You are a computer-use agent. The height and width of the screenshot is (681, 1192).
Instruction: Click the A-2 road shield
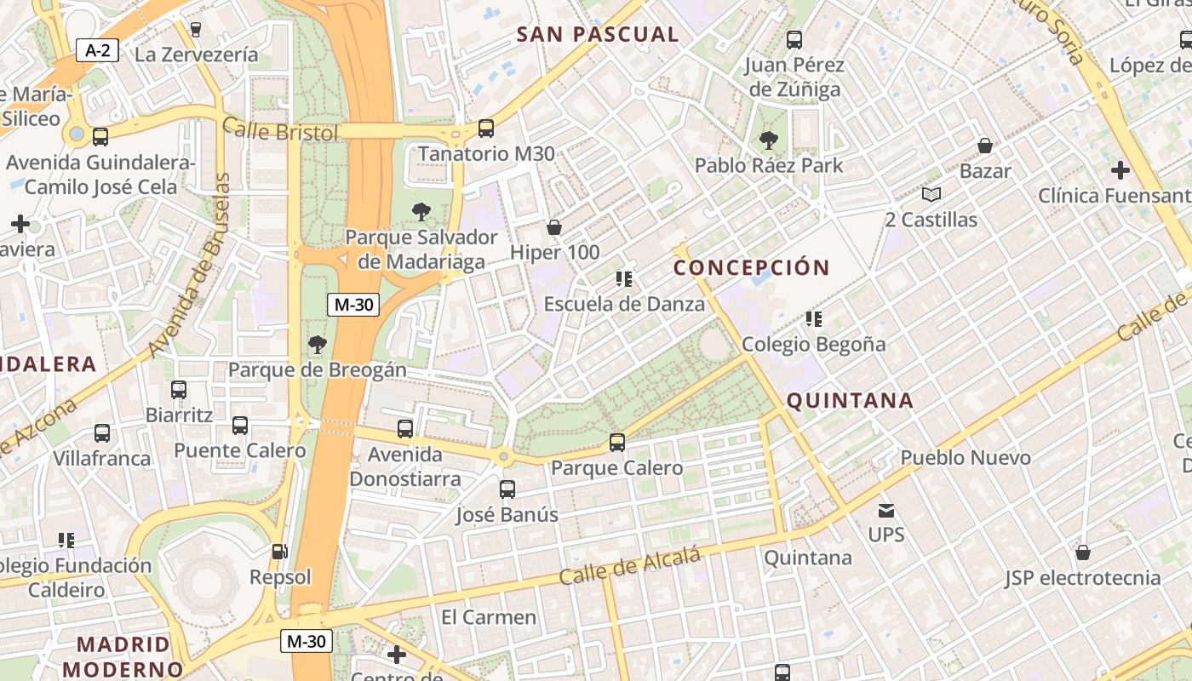98,50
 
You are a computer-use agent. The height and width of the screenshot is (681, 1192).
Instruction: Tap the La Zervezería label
197,54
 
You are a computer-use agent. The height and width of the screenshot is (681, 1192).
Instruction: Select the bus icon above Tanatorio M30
485,129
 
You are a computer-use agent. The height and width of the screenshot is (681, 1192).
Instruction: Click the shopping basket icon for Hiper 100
554,227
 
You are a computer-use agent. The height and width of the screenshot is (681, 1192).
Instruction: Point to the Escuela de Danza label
624,304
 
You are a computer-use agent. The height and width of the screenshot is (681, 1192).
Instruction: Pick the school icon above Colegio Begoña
813,319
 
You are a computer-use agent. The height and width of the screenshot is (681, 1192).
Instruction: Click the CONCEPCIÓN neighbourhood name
751,267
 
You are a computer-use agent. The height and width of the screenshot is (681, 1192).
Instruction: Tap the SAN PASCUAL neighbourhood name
598,34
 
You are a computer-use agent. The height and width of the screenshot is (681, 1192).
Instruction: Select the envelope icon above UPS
886,511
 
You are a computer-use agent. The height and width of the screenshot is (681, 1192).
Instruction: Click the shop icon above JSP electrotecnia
1083,553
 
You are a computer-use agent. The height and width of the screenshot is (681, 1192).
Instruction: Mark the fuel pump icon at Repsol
279,552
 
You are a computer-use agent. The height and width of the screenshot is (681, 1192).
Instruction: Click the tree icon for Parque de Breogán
318,345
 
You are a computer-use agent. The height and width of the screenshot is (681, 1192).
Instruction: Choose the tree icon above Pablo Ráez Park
769,140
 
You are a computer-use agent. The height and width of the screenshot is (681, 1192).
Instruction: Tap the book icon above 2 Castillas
931,195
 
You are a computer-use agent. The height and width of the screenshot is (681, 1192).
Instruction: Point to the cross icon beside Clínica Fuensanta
1120,170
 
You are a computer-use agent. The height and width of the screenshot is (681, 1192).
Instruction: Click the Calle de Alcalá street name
630,566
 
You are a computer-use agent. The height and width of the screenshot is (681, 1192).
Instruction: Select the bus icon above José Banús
507,489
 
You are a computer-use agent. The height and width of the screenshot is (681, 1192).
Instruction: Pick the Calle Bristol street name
280,131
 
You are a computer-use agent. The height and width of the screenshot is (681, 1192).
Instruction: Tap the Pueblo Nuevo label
966,458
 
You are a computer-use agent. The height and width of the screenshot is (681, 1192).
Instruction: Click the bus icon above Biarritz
179,390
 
